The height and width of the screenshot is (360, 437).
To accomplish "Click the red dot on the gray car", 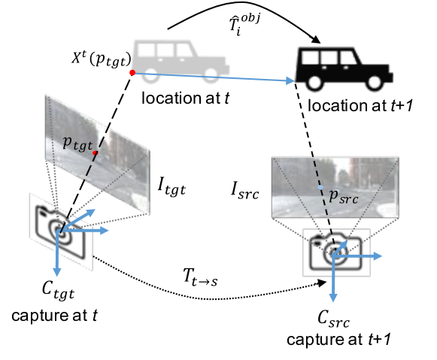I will [x=132, y=73].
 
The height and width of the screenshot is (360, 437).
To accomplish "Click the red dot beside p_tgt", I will [x=95, y=153].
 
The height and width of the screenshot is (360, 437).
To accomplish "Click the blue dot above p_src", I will [x=320, y=186].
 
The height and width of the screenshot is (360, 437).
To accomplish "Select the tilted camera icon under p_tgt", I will [x=60, y=231].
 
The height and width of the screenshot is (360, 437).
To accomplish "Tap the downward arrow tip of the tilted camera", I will [x=56, y=274].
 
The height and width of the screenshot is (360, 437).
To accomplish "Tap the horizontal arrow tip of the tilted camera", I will [x=108, y=231].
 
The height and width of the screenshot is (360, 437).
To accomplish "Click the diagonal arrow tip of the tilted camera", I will [x=95, y=211].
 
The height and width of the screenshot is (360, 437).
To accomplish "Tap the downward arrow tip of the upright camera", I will [x=332, y=300].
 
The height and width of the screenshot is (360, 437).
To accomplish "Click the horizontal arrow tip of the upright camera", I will [x=381, y=256].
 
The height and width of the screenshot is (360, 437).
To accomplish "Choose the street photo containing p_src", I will [x=335, y=187].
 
